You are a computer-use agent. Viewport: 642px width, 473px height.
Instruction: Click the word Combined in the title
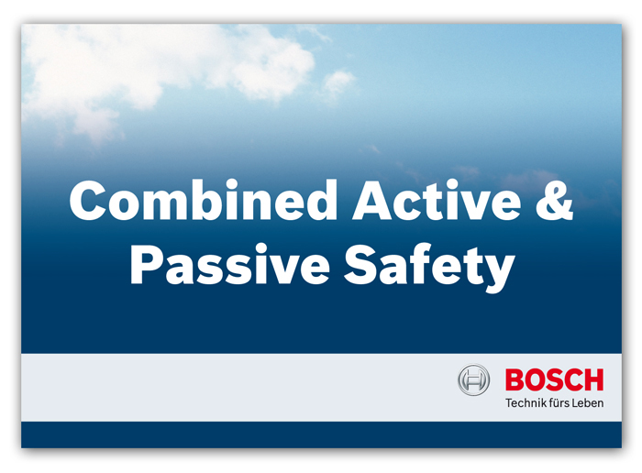tap(204, 200)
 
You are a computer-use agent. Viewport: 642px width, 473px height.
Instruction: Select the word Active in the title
tap(437, 200)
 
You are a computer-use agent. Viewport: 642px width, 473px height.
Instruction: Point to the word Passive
tap(230, 264)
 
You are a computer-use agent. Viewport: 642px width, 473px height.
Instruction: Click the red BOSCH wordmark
tap(554, 379)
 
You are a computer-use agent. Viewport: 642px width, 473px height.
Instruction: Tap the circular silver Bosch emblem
tap(473, 379)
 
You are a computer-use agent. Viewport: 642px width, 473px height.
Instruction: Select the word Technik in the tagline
tap(526, 403)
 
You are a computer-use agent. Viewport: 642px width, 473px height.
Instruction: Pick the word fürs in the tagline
tap(559, 403)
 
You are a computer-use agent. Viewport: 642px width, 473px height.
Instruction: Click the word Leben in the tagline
tap(588, 403)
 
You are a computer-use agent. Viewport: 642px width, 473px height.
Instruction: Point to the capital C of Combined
tap(88, 200)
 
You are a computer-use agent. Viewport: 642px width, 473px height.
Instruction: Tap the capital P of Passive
tap(146, 264)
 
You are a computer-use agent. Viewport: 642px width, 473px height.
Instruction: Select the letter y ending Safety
tap(498, 273)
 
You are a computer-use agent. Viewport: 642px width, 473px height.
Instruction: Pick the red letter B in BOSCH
tap(515, 379)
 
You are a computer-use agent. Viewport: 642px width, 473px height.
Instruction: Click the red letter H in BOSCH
tap(594, 379)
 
